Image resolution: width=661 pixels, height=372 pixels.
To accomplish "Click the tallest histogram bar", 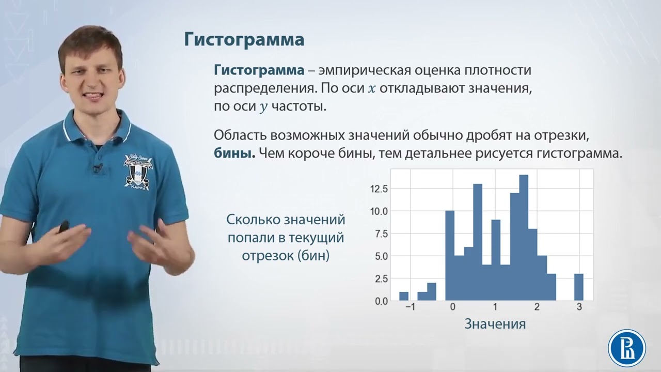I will point(524,238).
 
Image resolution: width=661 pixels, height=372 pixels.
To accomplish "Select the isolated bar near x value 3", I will point(579,287).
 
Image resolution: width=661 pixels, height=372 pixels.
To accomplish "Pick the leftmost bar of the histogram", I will point(404,296).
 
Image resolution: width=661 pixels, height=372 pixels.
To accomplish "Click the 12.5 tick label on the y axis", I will point(378,189).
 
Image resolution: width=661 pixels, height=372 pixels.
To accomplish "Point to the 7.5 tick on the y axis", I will point(380,234).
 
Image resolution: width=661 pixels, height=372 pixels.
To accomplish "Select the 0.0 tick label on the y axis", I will point(380,301).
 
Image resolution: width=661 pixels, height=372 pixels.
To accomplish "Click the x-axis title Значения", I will point(495,324).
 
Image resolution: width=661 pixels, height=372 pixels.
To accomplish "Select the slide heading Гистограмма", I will point(244,40).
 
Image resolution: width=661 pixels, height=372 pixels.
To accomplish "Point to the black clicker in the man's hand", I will point(64,227).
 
